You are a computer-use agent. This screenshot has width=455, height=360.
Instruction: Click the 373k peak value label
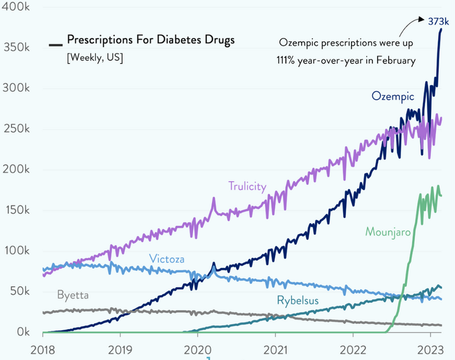(x=437, y=21)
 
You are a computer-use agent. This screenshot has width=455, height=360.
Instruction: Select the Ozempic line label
(x=393, y=96)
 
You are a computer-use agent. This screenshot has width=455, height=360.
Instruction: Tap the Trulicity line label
(x=247, y=186)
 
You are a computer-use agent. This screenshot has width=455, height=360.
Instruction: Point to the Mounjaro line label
(x=388, y=231)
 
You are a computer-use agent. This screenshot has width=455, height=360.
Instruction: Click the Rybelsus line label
(x=297, y=301)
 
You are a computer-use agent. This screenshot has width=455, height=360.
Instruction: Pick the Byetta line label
(x=73, y=294)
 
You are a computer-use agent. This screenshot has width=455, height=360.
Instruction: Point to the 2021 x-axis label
(x=275, y=349)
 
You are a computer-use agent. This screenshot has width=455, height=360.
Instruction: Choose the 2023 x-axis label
(x=430, y=349)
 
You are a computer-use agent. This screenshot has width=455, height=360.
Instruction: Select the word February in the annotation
(x=393, y=61)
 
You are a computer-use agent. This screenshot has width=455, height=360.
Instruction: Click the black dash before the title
(x=56, y=44)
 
